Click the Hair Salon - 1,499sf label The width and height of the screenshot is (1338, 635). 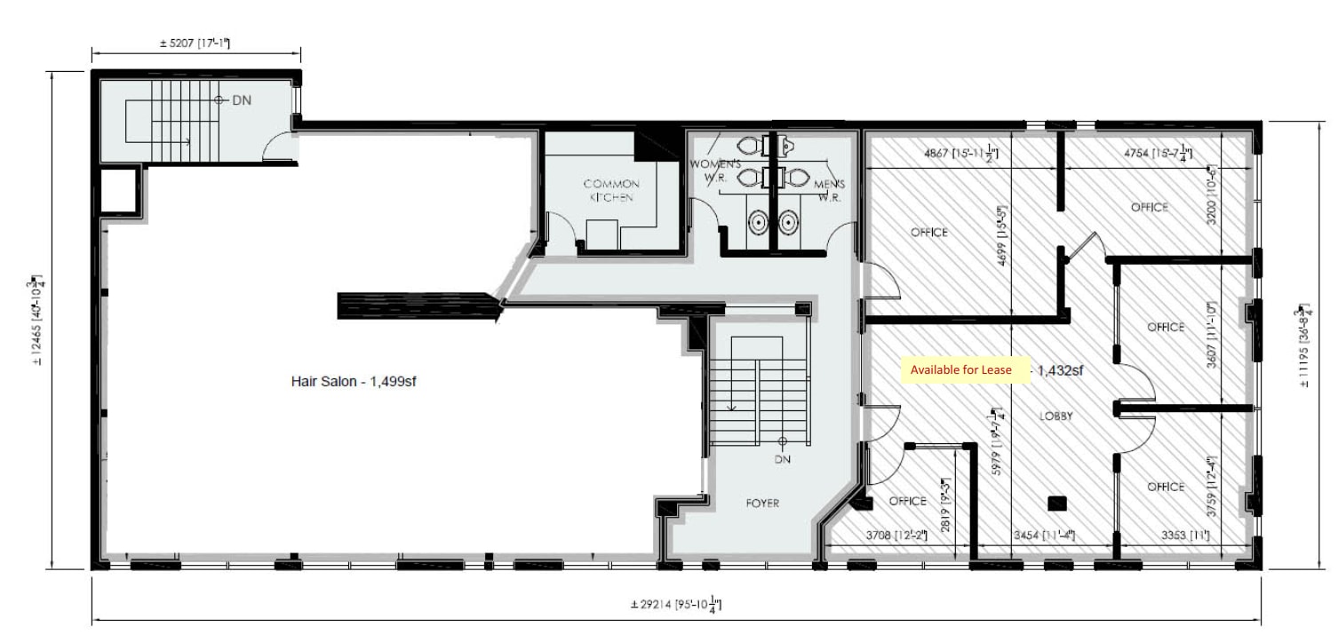354,381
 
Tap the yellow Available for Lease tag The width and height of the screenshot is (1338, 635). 960,369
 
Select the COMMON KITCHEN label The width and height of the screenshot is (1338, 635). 610,190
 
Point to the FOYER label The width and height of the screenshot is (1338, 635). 762,504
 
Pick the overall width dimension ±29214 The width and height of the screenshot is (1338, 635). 676,605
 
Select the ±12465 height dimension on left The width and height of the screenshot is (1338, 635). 38,321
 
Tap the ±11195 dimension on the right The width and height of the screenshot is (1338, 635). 1304,347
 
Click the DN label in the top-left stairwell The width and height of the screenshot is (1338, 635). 242,100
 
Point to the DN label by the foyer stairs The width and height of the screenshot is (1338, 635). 782,459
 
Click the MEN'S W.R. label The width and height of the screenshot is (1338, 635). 829,191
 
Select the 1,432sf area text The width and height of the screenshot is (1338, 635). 1055,370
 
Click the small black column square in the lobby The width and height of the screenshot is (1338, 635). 1056,504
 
